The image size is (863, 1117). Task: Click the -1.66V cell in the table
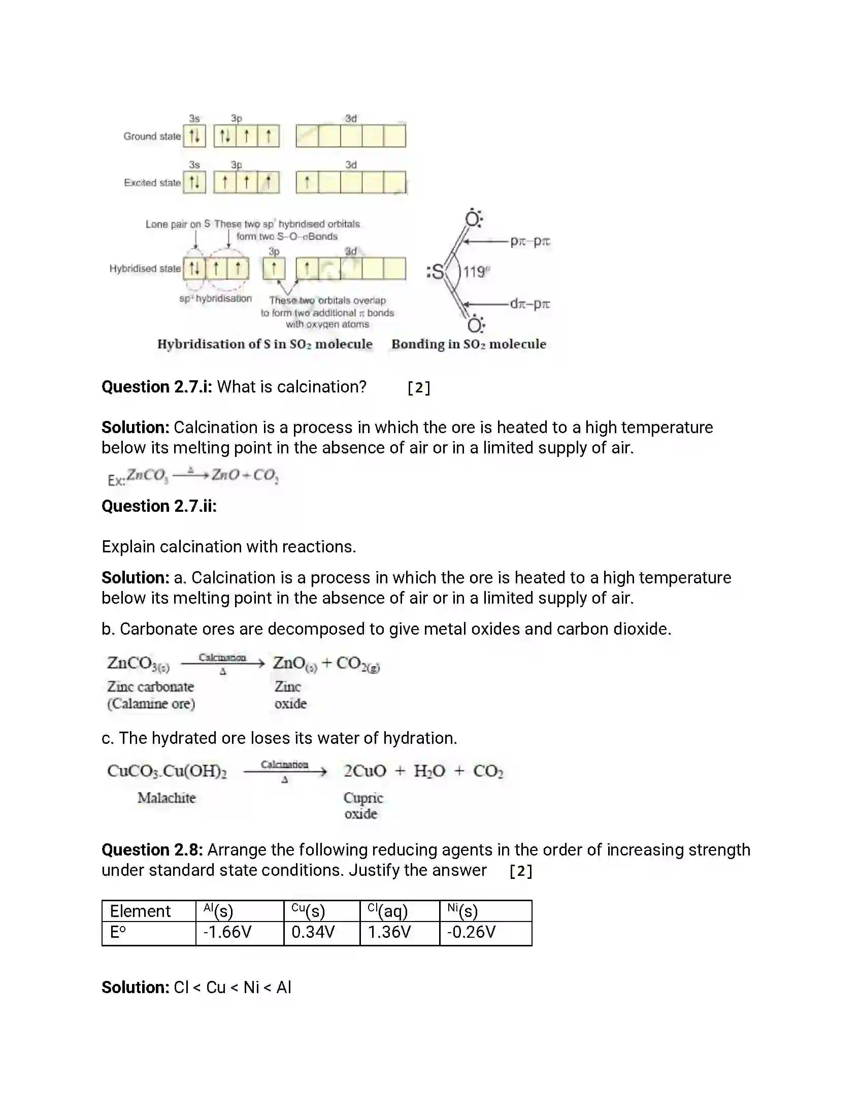point(227,932)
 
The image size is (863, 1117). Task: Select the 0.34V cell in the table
point(313,932)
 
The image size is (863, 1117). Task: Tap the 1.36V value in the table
point(389,932)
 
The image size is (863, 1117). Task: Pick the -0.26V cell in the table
point(471,932)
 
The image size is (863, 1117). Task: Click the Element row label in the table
point(140,911)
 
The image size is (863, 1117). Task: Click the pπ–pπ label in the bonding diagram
point(529,241)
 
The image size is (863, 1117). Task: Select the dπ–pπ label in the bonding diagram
point(529,304)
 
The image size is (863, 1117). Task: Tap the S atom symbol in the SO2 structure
point(437,272)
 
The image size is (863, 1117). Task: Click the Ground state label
point(152,137)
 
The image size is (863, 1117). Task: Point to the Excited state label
point(152,183)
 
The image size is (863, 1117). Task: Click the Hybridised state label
point(145,269)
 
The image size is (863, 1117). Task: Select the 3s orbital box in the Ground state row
point(194,136)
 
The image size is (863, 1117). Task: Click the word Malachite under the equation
point(166,798)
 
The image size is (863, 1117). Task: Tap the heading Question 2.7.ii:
point(159,506)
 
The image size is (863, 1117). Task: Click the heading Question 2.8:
point(152,850)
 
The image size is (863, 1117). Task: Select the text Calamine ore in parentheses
point(151,704)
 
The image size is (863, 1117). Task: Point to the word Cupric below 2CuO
point(363,798)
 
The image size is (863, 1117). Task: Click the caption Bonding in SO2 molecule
point(469,344)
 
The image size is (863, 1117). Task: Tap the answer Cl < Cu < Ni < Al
point(232,988)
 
